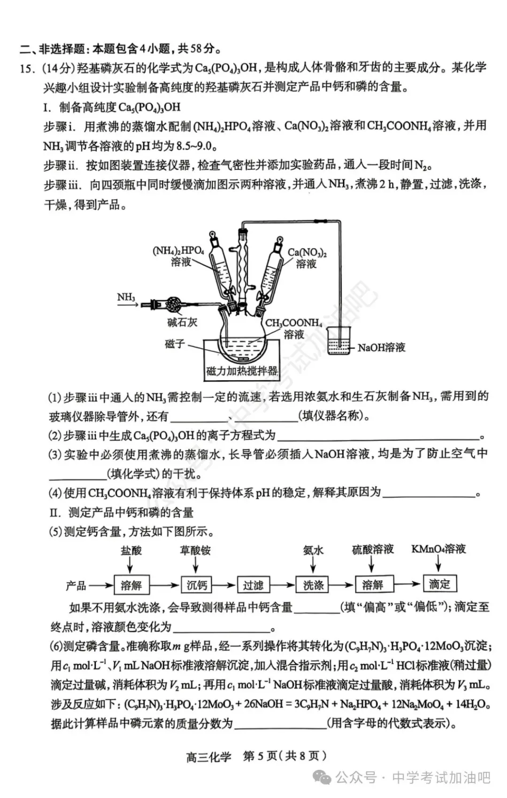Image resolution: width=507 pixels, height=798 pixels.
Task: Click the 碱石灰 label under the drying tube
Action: click(182, 322)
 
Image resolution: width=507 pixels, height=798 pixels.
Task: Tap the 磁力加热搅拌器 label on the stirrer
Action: click(242, 371)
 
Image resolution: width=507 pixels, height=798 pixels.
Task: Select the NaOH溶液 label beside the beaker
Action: click(381, 348)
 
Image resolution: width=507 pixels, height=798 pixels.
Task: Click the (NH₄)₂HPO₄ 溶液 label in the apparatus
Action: click(179, 256)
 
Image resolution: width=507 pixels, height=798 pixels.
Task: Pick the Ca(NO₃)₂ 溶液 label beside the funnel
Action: click(307, 258)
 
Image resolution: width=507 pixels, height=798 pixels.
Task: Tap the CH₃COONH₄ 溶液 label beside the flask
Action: click(294, 328)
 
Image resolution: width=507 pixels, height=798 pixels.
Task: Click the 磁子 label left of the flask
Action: click(175, 344)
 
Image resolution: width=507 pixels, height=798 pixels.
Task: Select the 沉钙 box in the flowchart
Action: click(197, 585)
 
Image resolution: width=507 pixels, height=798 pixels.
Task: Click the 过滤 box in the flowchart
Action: click(253, 585)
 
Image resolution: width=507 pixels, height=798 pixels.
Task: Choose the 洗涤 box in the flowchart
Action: click(313, 585)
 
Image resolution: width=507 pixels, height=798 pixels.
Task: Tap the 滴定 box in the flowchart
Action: click(439, 584)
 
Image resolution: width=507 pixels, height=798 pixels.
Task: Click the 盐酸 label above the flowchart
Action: click(131, 550)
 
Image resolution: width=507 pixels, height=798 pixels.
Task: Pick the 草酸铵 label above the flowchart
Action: click(195, 550)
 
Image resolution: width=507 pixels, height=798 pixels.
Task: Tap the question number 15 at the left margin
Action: click(27, 69)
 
